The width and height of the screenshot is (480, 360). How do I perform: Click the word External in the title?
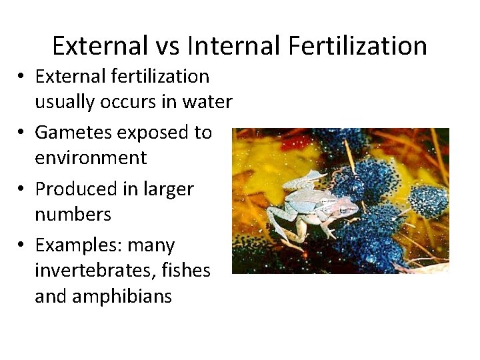pos(99,46)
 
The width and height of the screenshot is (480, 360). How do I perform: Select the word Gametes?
pos(73,133)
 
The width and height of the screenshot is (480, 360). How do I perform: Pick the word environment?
pos(91,158)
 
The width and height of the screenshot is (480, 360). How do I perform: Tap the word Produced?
pos(73,189)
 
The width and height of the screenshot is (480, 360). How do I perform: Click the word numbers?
pos(73,215)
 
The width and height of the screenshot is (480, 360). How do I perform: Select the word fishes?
pos(189,271)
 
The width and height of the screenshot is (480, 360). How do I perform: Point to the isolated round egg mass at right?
pos(428,199)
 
